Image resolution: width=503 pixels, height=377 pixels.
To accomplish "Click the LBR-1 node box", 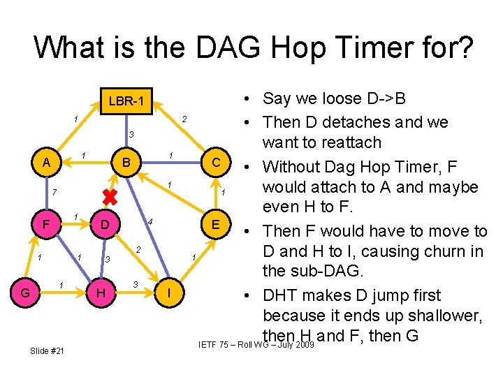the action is (126, 102).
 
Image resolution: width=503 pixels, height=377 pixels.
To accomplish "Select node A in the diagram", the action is (46, 163).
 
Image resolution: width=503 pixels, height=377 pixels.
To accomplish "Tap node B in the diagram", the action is (126, 163).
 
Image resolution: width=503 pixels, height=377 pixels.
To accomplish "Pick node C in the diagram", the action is (217, 163).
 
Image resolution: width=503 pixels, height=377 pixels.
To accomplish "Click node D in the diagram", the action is (104, 225).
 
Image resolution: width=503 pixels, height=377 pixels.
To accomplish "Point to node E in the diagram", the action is (217, 224).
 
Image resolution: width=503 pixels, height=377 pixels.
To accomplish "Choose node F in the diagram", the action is (45, 225).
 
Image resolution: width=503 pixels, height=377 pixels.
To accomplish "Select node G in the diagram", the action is (26, 293).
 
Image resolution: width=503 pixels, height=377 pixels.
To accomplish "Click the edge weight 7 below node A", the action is (54, 191).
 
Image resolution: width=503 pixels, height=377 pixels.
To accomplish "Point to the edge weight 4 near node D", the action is (150, 221).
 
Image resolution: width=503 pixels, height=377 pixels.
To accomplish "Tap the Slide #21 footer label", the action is (48, 350).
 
